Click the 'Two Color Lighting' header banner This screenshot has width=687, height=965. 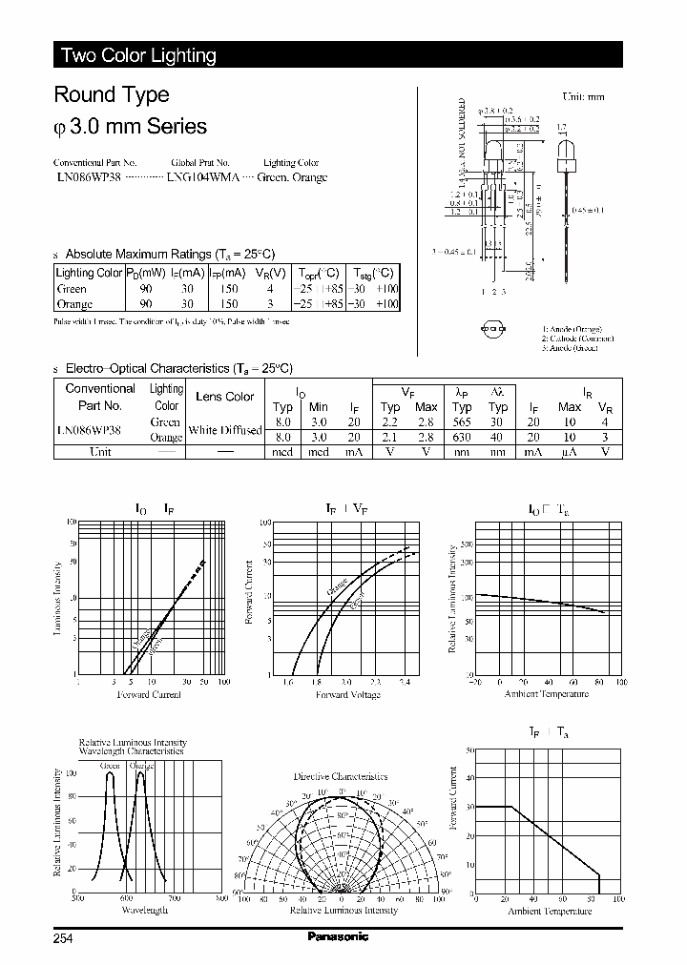pyautogui.click(x=138, y=55)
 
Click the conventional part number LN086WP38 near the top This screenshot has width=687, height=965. pyautogui.click(x=87, y=177)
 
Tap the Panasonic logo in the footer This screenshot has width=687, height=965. pyautogui.click(x=338, y=936)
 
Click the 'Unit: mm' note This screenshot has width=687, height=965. pyautogui.click(x=583, y=96)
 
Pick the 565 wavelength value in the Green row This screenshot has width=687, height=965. pyautogui.click(x=462, y=421)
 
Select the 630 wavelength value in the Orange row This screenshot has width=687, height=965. pyautogui.click(x=462, y=437)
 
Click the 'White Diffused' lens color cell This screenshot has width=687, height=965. pyautogui.click(x=224, y=430)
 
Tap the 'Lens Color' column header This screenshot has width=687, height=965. pyautogui.click(x=224, y=397)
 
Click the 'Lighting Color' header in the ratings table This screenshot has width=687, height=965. pyautogui.click(x=90, y=273)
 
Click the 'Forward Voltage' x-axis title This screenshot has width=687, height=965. pyautogui.click(x=342, y=694)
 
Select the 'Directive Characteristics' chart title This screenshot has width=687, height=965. pyautogui.click(x=341, y=776)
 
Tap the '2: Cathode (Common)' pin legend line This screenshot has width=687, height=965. pyautogui.click(x=578, y=339)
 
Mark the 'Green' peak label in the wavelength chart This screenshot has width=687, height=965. pyautogui.click(x=110, y=766)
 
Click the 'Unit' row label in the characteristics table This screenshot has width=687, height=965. pyautogui.click(x=100, y=452)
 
